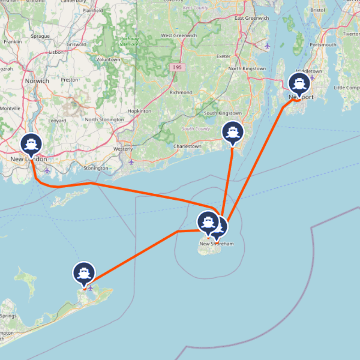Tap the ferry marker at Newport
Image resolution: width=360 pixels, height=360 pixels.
click(x=299, y=84)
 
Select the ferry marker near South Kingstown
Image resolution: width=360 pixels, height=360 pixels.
click(x=232, y=132)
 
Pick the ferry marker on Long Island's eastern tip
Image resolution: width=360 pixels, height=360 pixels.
click(x=84, y=273)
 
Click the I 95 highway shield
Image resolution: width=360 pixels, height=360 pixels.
click(x=177, y=67)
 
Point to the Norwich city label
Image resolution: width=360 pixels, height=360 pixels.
click(x=37, y=81)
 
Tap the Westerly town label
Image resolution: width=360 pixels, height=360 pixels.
click(x=123, y=149)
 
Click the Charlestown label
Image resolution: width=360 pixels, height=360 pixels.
click(x=187, y=146)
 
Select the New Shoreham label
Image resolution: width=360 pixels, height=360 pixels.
click(x=217, y=244)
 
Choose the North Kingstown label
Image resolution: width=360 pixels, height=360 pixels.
click(x=247, y=69)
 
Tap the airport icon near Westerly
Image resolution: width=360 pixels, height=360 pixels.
click(x=131, y=162)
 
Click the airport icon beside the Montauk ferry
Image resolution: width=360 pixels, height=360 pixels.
click(x=91, y=288)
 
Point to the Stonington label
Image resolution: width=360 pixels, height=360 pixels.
click(x=96, y=168)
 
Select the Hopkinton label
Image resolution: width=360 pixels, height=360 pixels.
click(x=139, y=111)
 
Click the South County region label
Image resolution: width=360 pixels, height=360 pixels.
click(x=196, y=129)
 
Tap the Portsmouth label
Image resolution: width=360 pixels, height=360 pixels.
click(x=323, y=45)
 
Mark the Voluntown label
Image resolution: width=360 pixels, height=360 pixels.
click(x=108, y=60)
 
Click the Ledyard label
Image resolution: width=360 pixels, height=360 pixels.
click(x=57, y=121)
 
